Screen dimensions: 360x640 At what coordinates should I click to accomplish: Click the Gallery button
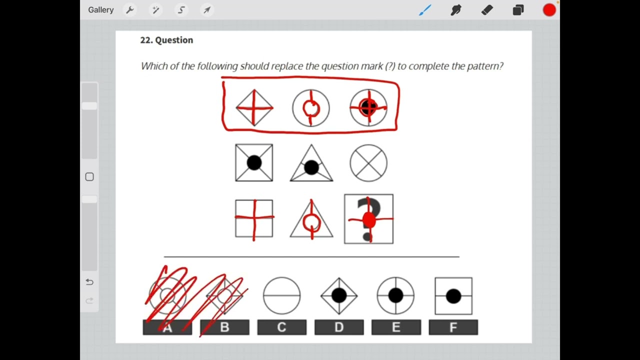coord(101,10)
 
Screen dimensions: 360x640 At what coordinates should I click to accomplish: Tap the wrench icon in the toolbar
coord(130,10)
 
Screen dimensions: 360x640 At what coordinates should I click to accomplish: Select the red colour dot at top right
coord(549,10)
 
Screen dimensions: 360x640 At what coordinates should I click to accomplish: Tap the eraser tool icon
coord(487,10)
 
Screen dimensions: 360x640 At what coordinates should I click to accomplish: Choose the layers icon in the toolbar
coord(518,10)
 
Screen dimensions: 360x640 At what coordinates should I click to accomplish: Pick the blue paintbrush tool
coord(425,10)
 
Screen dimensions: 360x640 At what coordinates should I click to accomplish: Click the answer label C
coord(281,327)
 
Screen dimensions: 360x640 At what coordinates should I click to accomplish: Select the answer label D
coord(339,327)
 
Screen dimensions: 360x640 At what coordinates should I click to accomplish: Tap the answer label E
coord(396,327)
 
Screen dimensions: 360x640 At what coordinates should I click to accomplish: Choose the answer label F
coord(453,327)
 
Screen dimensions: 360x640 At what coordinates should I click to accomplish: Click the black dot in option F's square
coord(453,296)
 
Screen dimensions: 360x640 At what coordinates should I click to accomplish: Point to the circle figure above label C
coord(281,296)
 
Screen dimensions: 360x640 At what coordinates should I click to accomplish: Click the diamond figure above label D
coord(339,296)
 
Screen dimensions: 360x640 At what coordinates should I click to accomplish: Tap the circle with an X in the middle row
coord(368,163)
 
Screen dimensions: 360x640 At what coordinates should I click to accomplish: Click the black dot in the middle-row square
coord(254,162)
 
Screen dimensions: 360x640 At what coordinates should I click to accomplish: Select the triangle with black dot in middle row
coord(311,164)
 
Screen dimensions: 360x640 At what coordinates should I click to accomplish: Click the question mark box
coord(368,219)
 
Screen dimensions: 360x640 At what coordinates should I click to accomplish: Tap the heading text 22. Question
coord(166,40)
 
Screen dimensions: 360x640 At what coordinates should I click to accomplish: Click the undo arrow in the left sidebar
coord(89,282)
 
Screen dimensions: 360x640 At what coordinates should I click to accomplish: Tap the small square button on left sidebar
coord(89,177)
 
